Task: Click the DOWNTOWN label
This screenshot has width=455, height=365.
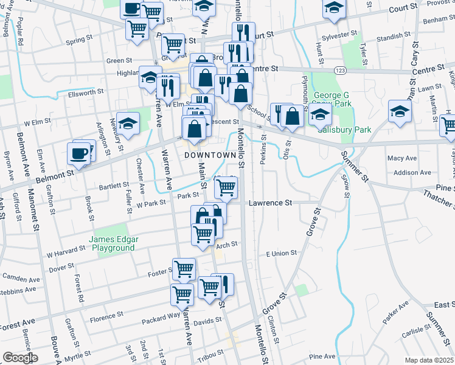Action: click(210, 156)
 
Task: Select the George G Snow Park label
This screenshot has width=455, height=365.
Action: click(333, 100)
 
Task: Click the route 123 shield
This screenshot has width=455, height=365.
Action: click(340, 71)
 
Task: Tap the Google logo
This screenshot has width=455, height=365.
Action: click(19, 358)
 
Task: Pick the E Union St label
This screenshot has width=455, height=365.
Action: click(280, 252)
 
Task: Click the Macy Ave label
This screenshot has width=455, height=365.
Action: click(402, 158)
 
